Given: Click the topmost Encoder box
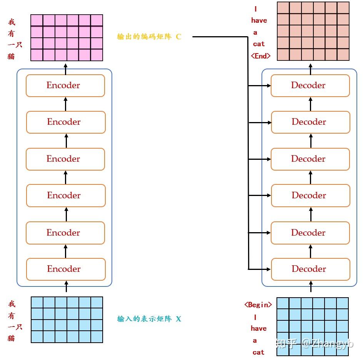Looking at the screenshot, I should click(x=65, y=85).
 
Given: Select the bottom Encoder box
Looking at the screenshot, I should click(x=65, y=269).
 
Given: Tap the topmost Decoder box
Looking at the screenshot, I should click(x=310, y=85).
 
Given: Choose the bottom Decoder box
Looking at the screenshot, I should click(x=310, y=269).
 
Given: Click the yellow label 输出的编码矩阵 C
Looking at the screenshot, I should click(x=149, y=37).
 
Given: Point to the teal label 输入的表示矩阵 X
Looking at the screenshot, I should click(x=149, y=319).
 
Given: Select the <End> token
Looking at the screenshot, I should click(x=260, y=56).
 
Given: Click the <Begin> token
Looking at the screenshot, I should click(x=258, y=305).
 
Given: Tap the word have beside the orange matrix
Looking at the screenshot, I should click(x=259, y=20).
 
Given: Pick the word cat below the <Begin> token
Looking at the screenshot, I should click(x=258, y=352).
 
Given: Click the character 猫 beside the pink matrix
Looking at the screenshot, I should click(x=11, y=56).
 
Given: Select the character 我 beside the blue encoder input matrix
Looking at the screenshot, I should click(x=12, y=304).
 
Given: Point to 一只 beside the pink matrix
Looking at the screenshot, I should click(x=15, y=45).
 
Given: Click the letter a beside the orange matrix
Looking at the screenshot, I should click(x=255, y=32).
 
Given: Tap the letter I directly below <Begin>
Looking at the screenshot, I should click(x=255, y=317).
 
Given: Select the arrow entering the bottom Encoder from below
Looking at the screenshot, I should click(x=66, y=286).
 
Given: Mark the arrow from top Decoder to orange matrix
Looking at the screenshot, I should click(x=310, y=67).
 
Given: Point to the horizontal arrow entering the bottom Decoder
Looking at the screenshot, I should click(x=260, y=269).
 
